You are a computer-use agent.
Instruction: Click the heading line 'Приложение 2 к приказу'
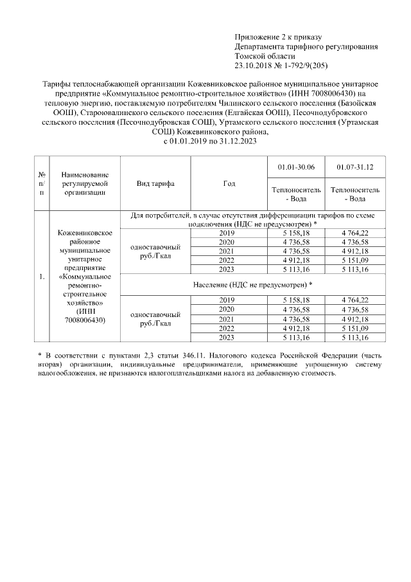[278, 37]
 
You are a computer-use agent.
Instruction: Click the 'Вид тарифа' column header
[155, 183]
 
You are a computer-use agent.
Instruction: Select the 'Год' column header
[229, 183]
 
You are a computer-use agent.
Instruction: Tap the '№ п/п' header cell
[42, 183]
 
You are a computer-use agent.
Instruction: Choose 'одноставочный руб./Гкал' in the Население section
[155, 319]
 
